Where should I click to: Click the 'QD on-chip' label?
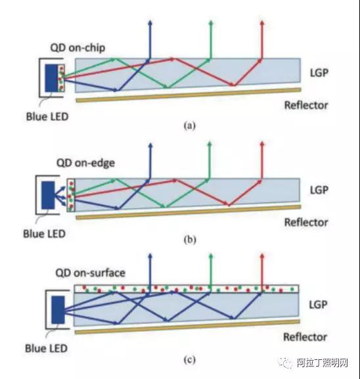coord(78,48)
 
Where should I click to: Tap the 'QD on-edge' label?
coord(85,163)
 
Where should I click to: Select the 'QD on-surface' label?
coord(91,273)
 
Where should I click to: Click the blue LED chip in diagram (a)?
coord(51,78)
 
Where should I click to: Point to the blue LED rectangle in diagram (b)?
coord(48,195)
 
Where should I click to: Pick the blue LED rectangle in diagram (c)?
coord(58,309)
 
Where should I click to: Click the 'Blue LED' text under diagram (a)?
coord(47,117)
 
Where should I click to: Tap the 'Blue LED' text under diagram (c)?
coord(46,348)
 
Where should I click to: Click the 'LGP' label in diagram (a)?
coord(319,73)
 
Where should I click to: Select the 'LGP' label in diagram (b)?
coord(319,190)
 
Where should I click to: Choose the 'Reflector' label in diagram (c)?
coord(305,337)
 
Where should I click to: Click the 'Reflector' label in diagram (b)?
coord(306,223)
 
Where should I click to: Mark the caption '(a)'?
coord(189,125)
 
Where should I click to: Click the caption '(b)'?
coord(190,240)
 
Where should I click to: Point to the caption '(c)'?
coord(189,360)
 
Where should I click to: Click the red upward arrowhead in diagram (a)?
coord(262,23)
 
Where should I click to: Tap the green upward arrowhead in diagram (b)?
coord(210,145)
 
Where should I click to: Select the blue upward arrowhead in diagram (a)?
coord(150,23)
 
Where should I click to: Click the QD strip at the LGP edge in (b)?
coord(71,195)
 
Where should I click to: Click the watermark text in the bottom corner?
coord(314,363)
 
